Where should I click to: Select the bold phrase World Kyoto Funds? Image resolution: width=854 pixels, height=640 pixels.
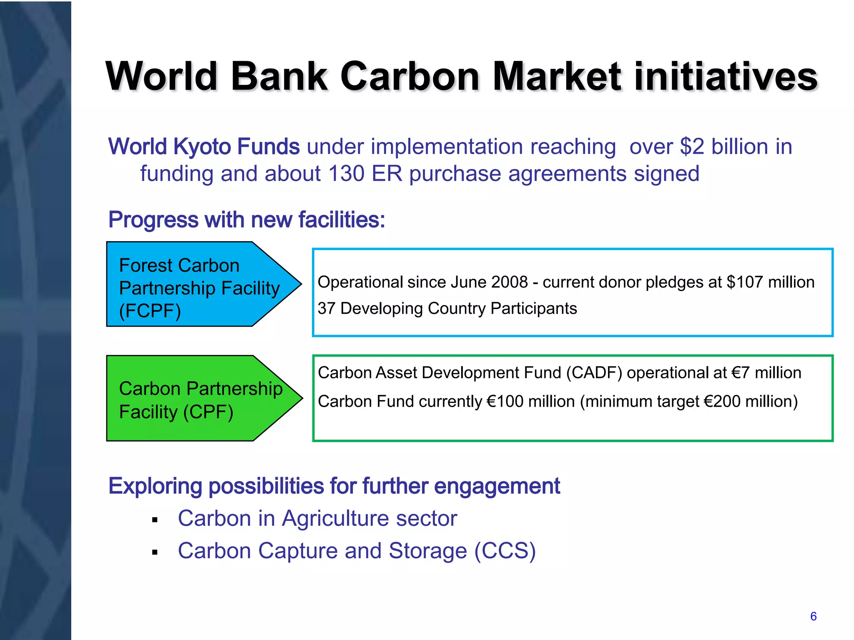pyautogui.click(x=204, y=147)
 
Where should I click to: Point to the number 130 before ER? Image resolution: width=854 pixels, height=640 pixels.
pyautogui.click(x=346, y=173)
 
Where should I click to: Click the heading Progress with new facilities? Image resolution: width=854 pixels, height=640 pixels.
pyautogui.click(x=246, y=220)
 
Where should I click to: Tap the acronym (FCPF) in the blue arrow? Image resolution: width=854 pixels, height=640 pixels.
pyautogui.click(x=150, y=311)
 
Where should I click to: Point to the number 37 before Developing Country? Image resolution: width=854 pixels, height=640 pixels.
pyautogui.click(x=327, y=308)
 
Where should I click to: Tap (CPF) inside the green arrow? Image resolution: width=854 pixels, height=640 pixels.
pyautogui.click(x=208, y=412)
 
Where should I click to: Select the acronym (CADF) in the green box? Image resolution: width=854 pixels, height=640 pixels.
pyautogui.click(x=594, y=372)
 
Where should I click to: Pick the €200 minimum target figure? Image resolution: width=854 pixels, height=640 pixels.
pyautogui.click(x=722, y=401)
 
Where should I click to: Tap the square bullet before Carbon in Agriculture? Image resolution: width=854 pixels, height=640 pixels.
pyautogui.click(x=155, y=520)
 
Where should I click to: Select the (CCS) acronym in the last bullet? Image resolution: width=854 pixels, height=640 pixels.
pyautogui.click(x=505, y=551)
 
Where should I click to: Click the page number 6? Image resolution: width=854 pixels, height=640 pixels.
pyautogui.click(x=813, y=616)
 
